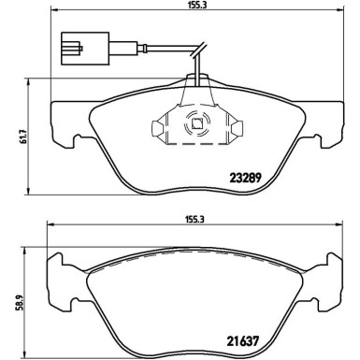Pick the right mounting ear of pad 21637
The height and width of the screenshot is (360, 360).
331,281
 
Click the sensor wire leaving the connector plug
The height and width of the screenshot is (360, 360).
150,46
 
